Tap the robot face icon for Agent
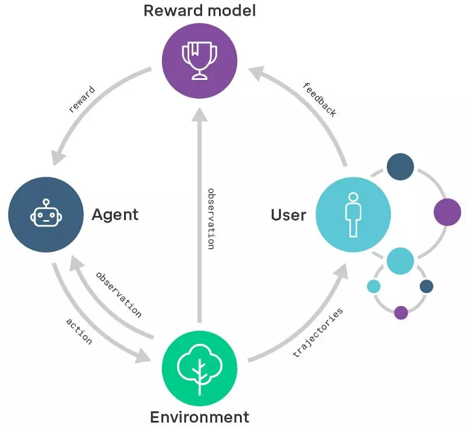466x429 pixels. pyautogui.click(x=45, y=214)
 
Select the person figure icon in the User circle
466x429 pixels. pyautogui.click(x=352, y=214)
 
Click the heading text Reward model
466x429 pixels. pyautogui.click(x=199, y=11)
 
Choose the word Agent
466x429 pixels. pyautogui.click(x=115, y=214)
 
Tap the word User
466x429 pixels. pyautogui.click(x=288, y=215)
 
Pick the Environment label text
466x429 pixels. pyautogui.click(x=199, y=417)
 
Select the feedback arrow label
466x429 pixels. pyautogui.click(x=320, y=99)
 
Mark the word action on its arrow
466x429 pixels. pyautogui.click(x=79, y=331)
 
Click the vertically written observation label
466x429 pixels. pyautogui.click(x=211, y=218)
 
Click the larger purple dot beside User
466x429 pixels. pyautogui.click(x=447, y=212)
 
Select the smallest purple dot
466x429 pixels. pyautogui.click(x=401, y=312)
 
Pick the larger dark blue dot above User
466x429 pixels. pyautogui.click(x=400, y=166)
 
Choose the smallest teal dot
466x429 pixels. pyautogui.click(x=373, y=286)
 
